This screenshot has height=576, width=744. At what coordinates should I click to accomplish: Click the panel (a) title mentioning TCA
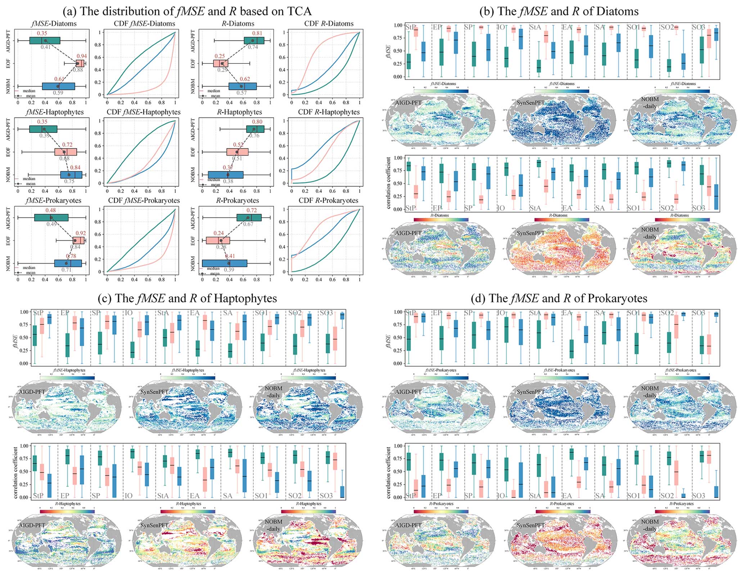(x=187, y=11)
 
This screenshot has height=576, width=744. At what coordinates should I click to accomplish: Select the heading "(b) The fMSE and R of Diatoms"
(x=559, y=11)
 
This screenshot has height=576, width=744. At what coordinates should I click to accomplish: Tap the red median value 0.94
(x=82, y=56)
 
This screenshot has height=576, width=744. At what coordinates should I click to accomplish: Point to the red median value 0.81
(x=257, y=33)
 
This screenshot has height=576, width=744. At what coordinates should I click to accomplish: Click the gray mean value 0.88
(x=78, y=70)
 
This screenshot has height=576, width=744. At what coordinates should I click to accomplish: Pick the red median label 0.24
(x=218, y=233)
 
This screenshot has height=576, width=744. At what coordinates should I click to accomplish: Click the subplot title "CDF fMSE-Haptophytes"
(x=144, y=112)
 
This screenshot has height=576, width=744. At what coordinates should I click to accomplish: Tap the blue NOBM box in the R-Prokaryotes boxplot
(x=225, y=263)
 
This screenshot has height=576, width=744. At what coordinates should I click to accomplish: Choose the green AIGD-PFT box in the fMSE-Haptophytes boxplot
(x=43, y=129)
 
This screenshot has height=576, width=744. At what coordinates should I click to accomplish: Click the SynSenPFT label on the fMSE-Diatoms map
(x=531, y=103)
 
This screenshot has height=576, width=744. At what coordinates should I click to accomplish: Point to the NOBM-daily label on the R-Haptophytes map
(x=274, y=525)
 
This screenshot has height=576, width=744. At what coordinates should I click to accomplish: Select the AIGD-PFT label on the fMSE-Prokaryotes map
(x=408, y=392)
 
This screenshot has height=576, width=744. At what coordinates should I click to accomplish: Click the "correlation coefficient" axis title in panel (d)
(x=388, y=473)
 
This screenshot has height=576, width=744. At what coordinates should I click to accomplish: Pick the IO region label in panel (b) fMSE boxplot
(x=501, y=27)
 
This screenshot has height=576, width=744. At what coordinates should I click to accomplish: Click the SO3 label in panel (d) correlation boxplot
(x=698, y=496)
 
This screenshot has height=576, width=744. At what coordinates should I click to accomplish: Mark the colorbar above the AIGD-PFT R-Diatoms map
(x=441, y=219)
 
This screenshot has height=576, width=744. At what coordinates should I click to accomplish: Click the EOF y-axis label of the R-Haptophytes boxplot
(x=193, y=152)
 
